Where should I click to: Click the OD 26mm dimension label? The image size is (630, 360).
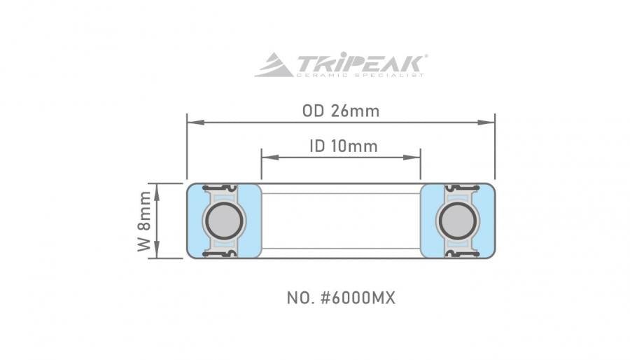click(x=341, y=111)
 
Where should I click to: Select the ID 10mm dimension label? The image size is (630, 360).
click(x=342, y=146)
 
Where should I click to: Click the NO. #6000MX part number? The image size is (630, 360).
click(x=341, y=298)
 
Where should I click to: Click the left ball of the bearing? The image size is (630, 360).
click(x=224, y=221)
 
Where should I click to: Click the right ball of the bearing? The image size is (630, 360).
click(x=458, y=221)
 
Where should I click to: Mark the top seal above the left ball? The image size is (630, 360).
click(x=224, y=188)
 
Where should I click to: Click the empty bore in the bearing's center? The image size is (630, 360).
click(x=341, y=221)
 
